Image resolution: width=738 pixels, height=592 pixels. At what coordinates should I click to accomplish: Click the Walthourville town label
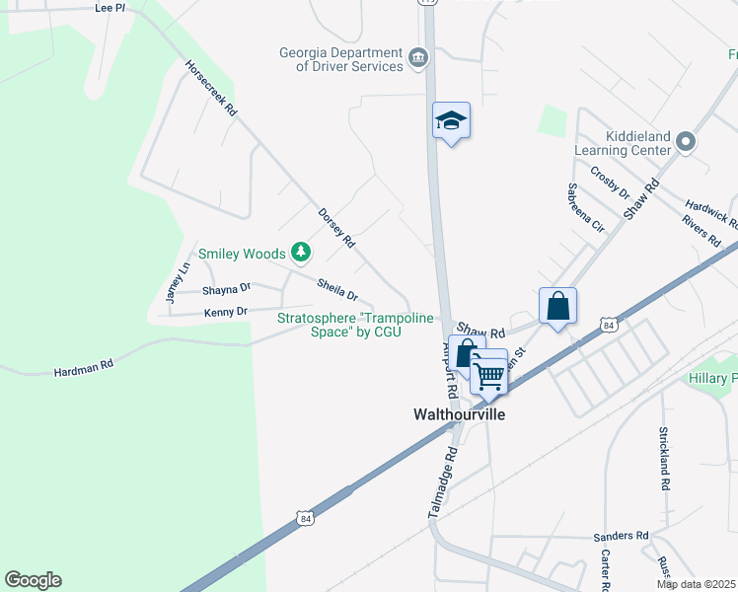pyautogui.click(x=458, y=414)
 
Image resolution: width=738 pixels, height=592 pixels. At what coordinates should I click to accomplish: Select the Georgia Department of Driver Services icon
pyautogui.click(x=418, y=59)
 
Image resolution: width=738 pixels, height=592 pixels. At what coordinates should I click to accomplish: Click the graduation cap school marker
pyautogui.click(x=451, y=121)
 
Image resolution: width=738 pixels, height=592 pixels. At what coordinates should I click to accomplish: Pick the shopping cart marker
pyautogui.click(x=488, y=374)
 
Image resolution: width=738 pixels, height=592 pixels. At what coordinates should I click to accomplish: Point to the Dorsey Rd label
pyautogui.click(x=336, y=226)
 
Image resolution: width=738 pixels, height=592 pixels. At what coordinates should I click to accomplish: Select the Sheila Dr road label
pyautogui.click(x=337, y=288)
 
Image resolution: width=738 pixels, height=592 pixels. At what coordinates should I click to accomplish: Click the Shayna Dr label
pyautogui.click(x=227, y=289)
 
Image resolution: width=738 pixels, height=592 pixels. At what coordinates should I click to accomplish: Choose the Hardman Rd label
pyautogui.click(x=84, y=368)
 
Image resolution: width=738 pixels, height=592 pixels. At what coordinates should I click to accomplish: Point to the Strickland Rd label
pyautogui.click(x=664, y=459)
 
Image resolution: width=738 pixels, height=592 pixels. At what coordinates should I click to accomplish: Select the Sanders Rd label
pyautogui.click(x=621, y=536)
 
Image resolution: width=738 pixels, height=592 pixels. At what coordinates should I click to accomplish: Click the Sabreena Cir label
pyautogui.click(x=585, y=205)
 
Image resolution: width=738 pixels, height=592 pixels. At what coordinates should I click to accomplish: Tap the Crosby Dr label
pyautogui.click(x=610, y=182)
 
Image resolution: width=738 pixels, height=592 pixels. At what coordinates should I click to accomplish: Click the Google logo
pyautogui.click(x=33, y=580)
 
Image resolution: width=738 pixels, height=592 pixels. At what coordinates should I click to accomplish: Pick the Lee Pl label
pyautogui.click(x=110, y=7)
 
